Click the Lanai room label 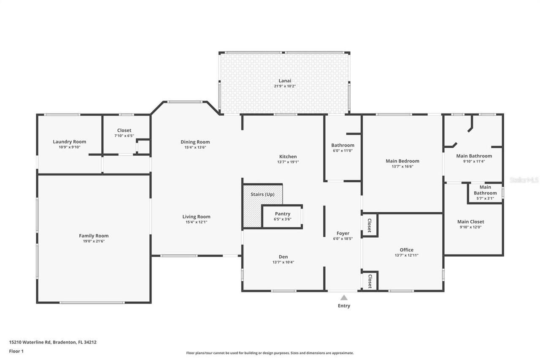click(285, 81)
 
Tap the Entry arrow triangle click(344, 298)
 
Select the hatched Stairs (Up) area click(252, 211)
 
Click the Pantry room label click(282, 214)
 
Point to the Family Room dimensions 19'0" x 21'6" click(94, 241)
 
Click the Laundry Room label click(69, 142)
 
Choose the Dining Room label click(195, 142)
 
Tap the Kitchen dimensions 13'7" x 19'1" click(288, 162)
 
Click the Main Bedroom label click(402, 161)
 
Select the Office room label click(406, 249)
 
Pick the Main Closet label click(470, 222)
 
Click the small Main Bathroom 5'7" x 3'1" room click(485, 193)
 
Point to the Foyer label click(343, 233)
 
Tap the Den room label click(283, 257)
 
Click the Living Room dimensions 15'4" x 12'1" click(196, 222)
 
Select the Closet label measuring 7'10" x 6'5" click(124, 130)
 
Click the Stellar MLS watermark click(524, 180)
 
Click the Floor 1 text click(16, 351)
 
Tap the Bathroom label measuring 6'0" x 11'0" click(343, 145)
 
